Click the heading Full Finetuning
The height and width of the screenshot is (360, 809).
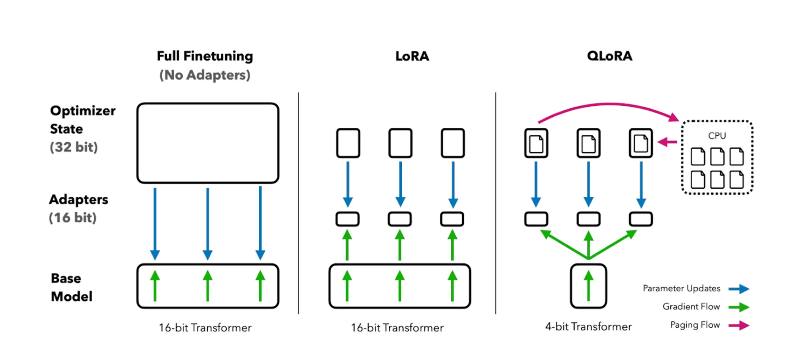click(204, 56)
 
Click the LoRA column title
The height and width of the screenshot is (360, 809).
click(412, 56)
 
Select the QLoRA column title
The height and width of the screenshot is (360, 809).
click(609, 56)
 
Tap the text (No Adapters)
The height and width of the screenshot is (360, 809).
click(204, 75)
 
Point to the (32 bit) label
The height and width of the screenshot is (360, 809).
click(74, 147)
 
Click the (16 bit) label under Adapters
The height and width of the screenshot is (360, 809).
click(73, 218)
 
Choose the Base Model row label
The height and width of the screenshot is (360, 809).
click(71, 287)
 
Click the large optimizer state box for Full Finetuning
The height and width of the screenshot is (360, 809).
click(208, 143)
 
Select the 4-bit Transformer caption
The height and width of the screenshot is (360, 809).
click(588, 326)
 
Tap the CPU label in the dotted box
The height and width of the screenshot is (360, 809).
click(717, 136)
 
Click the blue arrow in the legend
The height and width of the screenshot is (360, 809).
click(739, 289)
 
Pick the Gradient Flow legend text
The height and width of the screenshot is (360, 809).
click(691, 307)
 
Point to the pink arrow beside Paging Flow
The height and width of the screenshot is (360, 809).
click(739, 325)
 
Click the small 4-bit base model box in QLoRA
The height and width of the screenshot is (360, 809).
click(588, 286)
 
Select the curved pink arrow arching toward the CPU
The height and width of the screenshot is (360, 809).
click(608, 105)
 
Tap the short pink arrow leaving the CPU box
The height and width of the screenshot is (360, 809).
click(667, 142)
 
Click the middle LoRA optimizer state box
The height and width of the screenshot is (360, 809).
click(400, 143)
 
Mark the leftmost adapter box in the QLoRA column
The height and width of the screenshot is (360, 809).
click(536, 219)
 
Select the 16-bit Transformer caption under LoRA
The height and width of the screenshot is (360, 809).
click(397, 328)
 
